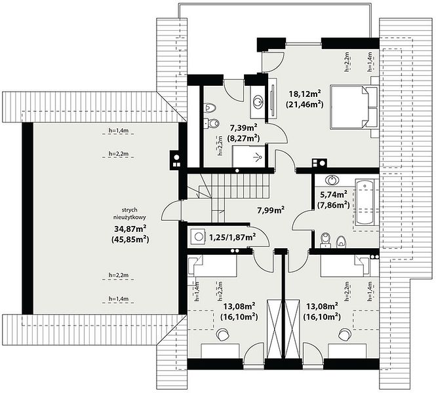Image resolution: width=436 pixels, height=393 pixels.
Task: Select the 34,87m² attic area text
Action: [x=130, y=229]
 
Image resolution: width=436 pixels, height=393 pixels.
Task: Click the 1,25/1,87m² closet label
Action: [x=233, y=237]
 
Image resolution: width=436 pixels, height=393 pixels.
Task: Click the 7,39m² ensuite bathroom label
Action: [x=244, y=128]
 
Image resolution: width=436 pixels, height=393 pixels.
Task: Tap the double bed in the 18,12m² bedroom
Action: [x=354, y=107]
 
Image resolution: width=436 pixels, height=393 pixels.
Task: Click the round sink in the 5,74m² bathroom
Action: [x=332, y=179]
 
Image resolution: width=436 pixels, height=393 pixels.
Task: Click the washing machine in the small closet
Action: [x=198, y=237]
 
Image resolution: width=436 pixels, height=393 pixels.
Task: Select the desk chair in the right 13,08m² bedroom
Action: [x=344, y=334]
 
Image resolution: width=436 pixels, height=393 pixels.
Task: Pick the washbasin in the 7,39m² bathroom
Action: [x=258, y=101]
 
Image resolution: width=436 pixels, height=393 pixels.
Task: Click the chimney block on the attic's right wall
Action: [x=176, y=160]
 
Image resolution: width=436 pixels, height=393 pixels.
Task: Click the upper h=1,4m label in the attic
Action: [x=118, y=130]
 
